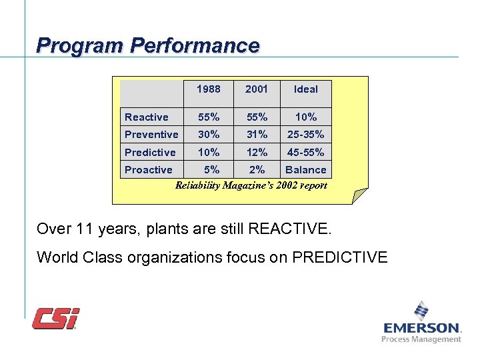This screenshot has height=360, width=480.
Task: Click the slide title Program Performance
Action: point(147,45)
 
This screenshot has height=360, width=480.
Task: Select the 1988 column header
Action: point(208,89)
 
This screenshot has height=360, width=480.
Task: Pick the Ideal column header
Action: point(305,89)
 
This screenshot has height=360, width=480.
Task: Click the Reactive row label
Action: point(146,117)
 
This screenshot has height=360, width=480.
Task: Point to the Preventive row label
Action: point(151,135)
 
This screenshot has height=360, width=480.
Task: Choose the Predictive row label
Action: point(150,153)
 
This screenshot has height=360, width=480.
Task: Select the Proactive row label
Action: point(148,170)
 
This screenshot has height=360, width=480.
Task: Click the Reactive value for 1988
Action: point(208,117)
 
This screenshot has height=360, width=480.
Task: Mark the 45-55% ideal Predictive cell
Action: point(305,153)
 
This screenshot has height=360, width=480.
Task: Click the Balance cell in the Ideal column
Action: point(305,170)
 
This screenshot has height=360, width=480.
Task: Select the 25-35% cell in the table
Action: point(305,135)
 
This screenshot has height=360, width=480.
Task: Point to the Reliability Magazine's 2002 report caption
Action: point(251,185)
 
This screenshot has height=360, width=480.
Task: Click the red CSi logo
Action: point(56,318)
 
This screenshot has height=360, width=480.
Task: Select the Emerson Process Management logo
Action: point(421,323)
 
